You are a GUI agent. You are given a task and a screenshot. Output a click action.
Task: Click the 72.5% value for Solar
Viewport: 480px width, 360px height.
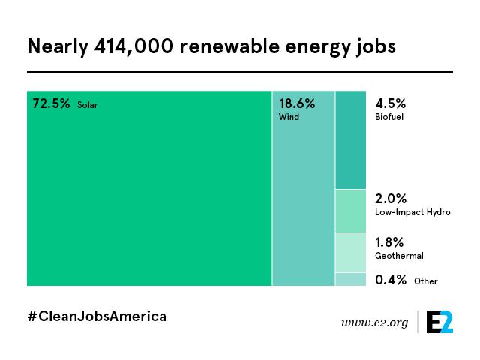51,103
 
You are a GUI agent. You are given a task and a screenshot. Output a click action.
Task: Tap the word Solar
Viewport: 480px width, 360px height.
88,105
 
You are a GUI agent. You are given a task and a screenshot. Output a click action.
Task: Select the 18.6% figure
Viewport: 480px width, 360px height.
297,103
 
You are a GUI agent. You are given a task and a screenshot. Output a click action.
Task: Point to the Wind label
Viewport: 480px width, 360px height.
289,117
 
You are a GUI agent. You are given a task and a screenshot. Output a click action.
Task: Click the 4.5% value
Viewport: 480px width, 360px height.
391,103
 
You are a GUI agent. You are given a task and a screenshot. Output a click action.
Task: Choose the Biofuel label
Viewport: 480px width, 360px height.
389,117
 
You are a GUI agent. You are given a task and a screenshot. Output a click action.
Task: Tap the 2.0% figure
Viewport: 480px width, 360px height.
391,199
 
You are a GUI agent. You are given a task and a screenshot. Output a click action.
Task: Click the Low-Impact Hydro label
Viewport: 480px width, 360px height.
412,212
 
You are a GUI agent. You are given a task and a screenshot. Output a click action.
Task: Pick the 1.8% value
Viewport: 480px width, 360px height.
389,242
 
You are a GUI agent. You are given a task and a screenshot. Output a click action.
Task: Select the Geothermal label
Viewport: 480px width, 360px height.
399,256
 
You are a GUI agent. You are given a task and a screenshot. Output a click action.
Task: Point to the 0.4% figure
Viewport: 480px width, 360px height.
391,280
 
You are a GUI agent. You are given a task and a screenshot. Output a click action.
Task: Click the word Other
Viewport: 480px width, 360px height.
426,281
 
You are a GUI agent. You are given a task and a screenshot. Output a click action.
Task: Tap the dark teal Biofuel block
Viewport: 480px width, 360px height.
351,140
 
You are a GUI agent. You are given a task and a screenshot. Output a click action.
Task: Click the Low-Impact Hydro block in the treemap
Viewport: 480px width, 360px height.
351,211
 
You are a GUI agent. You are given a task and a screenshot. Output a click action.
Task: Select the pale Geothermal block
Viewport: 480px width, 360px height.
351,253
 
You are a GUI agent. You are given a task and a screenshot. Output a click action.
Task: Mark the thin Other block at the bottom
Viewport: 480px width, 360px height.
351,279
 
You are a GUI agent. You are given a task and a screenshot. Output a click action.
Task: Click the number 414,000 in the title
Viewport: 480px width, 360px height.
133,46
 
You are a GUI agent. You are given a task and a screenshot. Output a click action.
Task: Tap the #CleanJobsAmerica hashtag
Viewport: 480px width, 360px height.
97,316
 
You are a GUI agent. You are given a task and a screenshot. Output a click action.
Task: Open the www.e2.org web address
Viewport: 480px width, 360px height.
375,322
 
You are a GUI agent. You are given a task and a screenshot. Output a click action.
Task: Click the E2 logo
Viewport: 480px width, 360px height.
440,322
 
